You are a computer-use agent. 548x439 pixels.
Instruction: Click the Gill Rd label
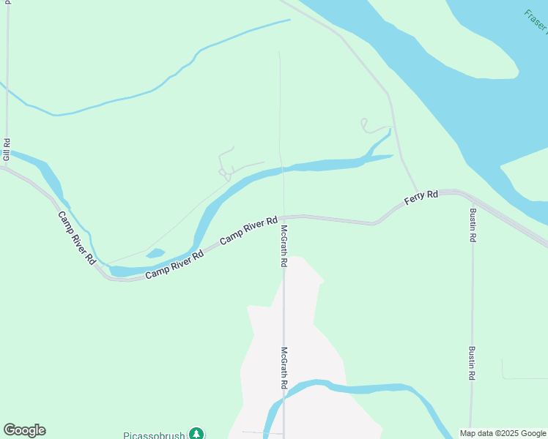[x=6, y=149]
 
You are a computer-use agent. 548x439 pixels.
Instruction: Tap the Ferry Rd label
[x=421, y=198]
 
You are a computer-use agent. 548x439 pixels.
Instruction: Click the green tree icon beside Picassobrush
[x=196, y=434]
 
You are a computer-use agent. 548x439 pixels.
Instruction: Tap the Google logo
[x=24, y=430]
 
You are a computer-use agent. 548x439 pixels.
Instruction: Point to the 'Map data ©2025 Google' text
[x=503, y=433]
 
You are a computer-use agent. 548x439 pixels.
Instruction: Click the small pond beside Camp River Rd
[x=155, y=254]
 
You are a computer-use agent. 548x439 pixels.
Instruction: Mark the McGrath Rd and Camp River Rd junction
[x=284, y=217]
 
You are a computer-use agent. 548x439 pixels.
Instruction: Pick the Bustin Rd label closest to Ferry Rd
[x=473, y=227]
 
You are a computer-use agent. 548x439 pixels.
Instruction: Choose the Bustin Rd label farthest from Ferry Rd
[x=473, y=362]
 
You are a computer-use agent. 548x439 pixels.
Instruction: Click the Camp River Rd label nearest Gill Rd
[x=77, y=238]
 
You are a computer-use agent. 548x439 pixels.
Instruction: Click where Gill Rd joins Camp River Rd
[x=6, y=168]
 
